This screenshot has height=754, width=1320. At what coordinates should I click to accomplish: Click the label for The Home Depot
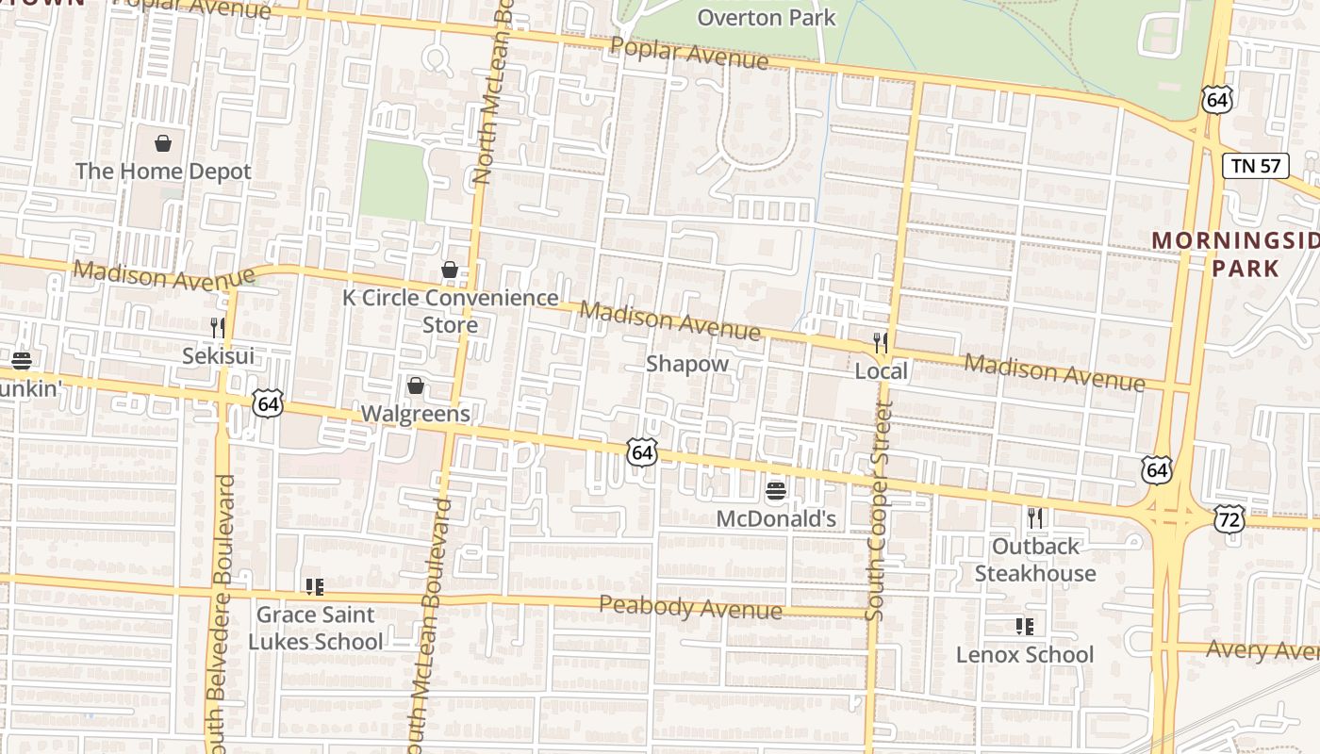click(x=163, y=172)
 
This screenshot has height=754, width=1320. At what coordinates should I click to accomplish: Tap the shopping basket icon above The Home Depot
click(x=163, y=143)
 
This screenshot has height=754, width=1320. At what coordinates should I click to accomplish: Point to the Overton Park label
click(x=766, y=17)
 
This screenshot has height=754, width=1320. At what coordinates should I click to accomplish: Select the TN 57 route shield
click(x=1256, y=166)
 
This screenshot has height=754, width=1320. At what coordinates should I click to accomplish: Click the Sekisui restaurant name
click(x=218, y=356)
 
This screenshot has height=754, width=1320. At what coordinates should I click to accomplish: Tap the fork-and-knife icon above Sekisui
click(x=218, y=327)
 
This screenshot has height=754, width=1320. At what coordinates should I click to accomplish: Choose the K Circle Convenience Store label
click(x=450, y=311)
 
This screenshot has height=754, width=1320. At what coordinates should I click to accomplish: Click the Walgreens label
click(x=415, y=414)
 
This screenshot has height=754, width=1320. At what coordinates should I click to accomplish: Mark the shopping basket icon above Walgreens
click(x=415, y=385)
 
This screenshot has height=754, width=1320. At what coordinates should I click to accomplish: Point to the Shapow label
click(x=687, y=364)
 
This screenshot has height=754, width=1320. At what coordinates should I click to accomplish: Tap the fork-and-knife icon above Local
click(x=881, y=342)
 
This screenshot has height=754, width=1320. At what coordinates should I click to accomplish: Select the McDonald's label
click(x=776, y=518)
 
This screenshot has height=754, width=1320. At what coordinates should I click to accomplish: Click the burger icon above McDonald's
click(x=776, y=490)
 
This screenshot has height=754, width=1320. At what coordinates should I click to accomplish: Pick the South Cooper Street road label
click(x=879, y=511)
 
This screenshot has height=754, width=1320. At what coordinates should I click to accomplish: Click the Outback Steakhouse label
click(x=1035, y=560)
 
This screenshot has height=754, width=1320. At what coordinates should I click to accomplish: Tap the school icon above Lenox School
click(x=1025, y=626)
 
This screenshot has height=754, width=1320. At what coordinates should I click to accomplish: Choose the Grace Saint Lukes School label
click(x=315, y=628)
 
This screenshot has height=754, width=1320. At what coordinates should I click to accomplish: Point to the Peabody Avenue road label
click(x=690, y=608)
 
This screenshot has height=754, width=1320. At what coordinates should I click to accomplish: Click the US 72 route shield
click(x=1229, y=519)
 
